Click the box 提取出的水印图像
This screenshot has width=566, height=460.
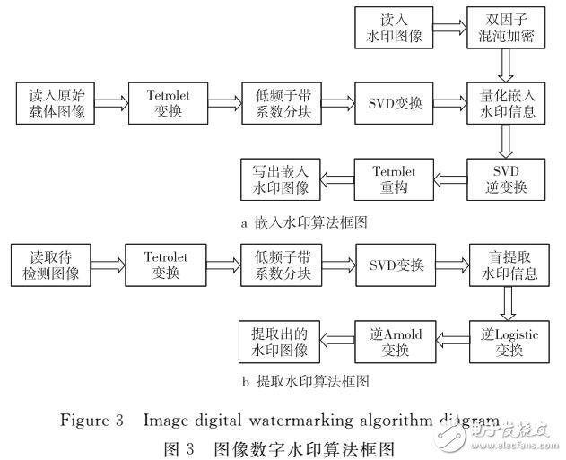click(278, 341)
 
